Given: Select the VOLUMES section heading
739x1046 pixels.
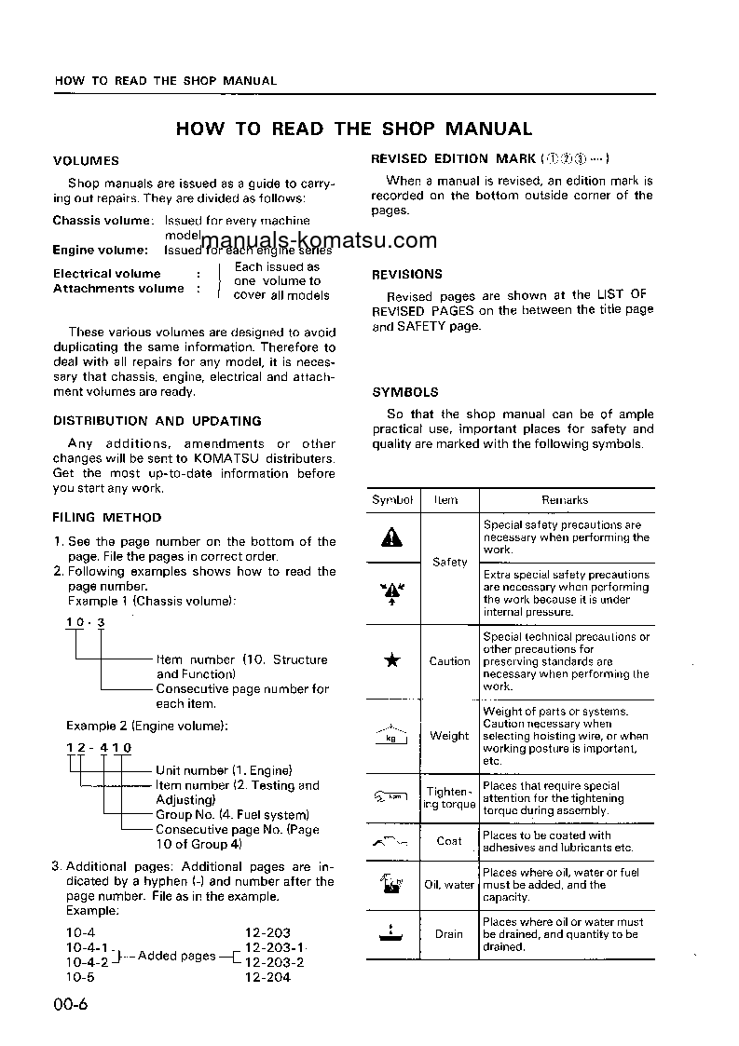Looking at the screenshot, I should click(x=86, y=161).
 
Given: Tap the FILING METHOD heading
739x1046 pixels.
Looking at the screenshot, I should click(x=107, y=517).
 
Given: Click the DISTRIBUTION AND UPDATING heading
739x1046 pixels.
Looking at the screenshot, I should click(x=157, y=421).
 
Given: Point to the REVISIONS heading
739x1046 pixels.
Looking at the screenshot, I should click(x=407, y=275).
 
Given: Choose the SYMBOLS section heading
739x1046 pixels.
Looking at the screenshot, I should click(x=404, y=392).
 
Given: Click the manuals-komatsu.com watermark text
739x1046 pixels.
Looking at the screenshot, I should click(x=318, y=241).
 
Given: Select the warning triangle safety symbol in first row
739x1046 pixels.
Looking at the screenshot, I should click(x=392, y=537).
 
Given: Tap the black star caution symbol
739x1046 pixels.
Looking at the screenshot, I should click(x=392, y=661).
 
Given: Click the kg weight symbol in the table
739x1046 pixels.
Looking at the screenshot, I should click(x=392, y=736).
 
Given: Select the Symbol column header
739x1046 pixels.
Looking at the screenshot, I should click(x=392, y=500).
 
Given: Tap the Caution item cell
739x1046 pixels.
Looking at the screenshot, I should click(x=449, y=661).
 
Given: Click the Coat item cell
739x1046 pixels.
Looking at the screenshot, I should click(x=449, y=841).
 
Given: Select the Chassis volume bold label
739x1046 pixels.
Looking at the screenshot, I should click(x=103, y=221).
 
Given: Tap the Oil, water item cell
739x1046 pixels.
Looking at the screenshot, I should click(x=449, y=885).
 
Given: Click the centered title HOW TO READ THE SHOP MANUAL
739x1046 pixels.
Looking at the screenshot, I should click(x=354, y=129).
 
